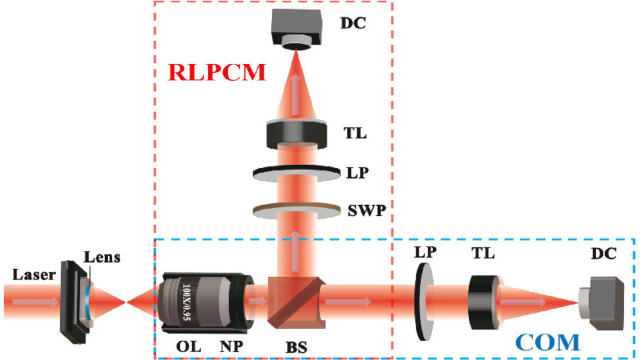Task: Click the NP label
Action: tap(231, 346)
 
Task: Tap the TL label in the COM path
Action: tap(484, 254)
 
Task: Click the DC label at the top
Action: tap(353, 22)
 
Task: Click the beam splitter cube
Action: tap(294, 302)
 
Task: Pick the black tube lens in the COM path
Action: tap(484, 302)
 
